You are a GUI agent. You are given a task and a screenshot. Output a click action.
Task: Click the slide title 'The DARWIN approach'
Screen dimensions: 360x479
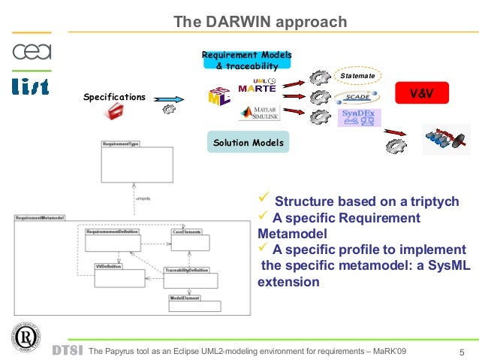click(x=260, y=22)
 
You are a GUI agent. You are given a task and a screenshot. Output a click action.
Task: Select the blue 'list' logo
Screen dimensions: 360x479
click(x=31, y=86)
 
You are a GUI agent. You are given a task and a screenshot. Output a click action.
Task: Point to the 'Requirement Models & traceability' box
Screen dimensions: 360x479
click(x=246, y=60)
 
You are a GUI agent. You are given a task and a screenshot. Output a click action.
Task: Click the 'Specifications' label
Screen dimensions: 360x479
click(x=114, y=97)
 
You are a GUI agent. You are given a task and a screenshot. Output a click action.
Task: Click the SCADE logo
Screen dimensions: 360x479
click(x=357, y=97)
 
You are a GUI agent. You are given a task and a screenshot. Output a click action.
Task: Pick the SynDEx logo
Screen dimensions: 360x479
click(x=360, y=117)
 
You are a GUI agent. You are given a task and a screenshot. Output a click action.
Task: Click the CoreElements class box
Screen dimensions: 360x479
click(x=190, y=241)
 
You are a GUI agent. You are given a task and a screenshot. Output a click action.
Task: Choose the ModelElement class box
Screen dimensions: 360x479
click(x=194, y=303)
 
